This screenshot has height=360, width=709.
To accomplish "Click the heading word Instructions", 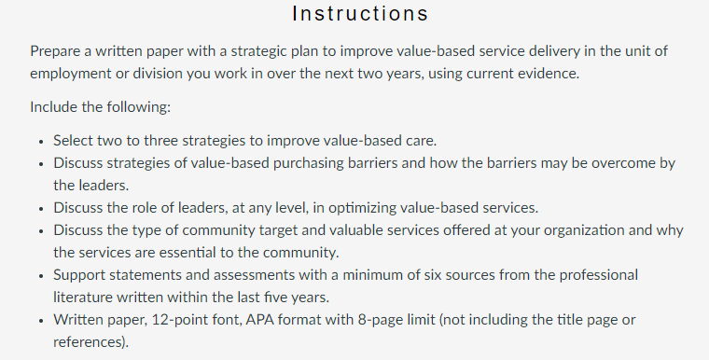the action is (360, 14).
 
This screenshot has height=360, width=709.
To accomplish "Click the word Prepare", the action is (55, 51).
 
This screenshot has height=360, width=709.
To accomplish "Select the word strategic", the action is (258, 51).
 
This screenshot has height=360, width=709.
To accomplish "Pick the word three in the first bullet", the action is (160, 141).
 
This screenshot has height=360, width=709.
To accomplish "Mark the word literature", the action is (83, 298).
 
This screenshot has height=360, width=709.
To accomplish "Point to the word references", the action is (89, 342).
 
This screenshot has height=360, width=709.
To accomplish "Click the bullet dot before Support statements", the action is (41, 276).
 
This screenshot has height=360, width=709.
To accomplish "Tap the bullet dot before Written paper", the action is (41, 321).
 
